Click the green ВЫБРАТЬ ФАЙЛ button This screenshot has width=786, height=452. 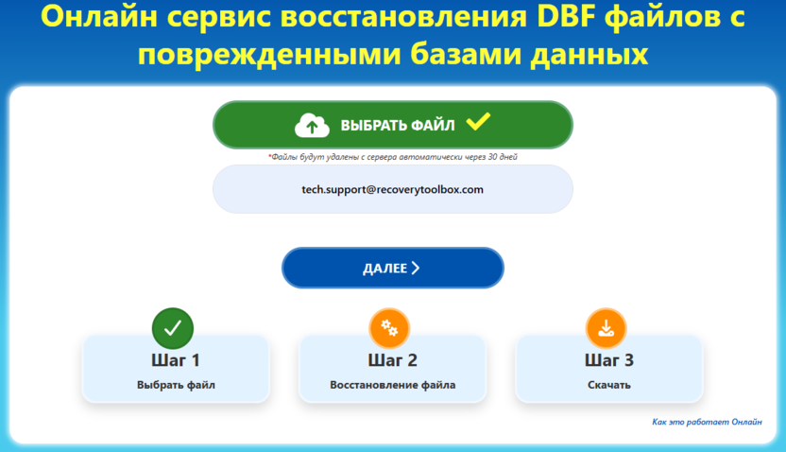click(392, 125)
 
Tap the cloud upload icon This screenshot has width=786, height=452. click(312, 125)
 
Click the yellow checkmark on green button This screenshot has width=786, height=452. click(478, 121)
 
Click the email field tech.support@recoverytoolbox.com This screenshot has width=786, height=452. click(392, 189)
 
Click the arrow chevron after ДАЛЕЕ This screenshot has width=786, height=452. click(416, 269)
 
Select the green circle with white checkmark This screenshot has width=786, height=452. click(173, 328)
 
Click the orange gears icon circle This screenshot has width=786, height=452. click(388, 328)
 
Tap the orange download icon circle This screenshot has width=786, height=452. click(607, 328)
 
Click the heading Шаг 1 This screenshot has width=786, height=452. click(175, 360)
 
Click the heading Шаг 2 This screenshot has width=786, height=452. click(392, 360)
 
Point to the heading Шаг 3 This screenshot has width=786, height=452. click(608, 360)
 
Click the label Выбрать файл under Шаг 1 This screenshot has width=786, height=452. click(176, 385)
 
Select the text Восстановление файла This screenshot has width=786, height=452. click(392, 385)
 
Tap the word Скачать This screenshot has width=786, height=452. click(608, 385)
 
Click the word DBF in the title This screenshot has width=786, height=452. click(518, 18)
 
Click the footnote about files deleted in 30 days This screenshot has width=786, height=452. click(392, 157)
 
